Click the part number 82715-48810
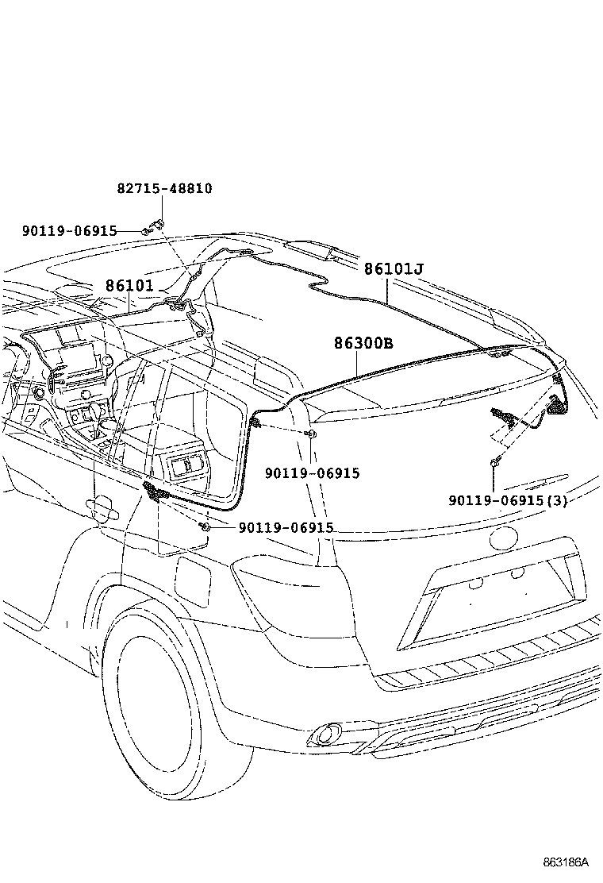point(165,189)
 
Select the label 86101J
point(394,269)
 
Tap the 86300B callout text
point(363,343)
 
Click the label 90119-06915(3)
point(508,500)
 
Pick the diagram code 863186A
point(566,862)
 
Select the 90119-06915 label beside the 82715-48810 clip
point(70,231)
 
